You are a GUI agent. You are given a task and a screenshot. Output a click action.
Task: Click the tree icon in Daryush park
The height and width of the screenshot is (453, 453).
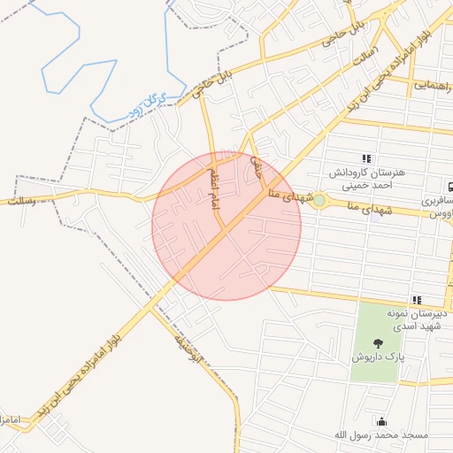379,342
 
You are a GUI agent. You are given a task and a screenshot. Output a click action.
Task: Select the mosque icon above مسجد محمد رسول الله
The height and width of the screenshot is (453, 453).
381,421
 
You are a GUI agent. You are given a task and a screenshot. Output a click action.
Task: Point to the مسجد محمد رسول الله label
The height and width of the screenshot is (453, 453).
380,435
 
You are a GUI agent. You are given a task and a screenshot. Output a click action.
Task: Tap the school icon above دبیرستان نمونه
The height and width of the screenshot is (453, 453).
417,301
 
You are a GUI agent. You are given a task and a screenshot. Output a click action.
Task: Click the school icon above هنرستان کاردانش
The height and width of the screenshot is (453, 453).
367,158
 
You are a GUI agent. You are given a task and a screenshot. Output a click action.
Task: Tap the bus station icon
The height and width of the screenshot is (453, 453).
450,187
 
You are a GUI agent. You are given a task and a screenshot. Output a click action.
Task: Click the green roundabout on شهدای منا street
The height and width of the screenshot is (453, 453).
319,201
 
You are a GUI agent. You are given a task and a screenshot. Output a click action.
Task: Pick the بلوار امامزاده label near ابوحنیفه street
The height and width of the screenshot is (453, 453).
89,372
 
